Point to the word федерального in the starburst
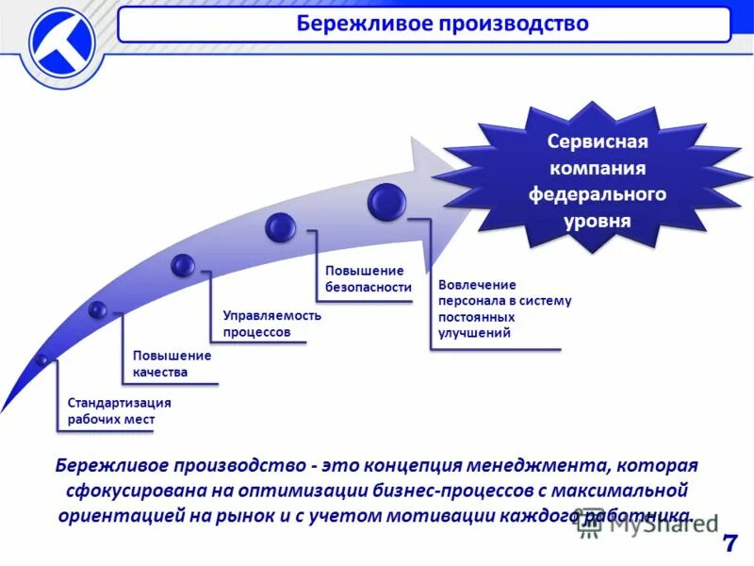point(597,194)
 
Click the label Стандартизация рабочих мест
point(119,410)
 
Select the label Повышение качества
point(172,363)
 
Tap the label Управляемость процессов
point(271,324)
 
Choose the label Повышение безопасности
point(369,279)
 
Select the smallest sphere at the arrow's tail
point(41,359)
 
